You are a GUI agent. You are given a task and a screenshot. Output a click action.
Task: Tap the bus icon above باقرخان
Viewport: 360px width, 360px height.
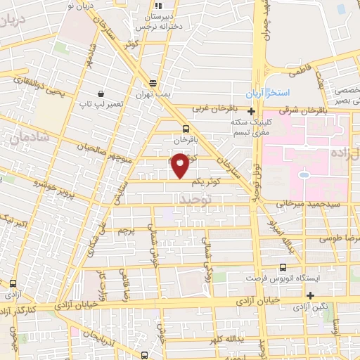[186, 129]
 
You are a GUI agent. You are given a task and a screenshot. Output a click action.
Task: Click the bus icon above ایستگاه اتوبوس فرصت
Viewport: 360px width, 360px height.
[283, 267]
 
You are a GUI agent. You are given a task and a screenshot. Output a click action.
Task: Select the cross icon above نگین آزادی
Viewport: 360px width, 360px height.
[310, 295]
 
